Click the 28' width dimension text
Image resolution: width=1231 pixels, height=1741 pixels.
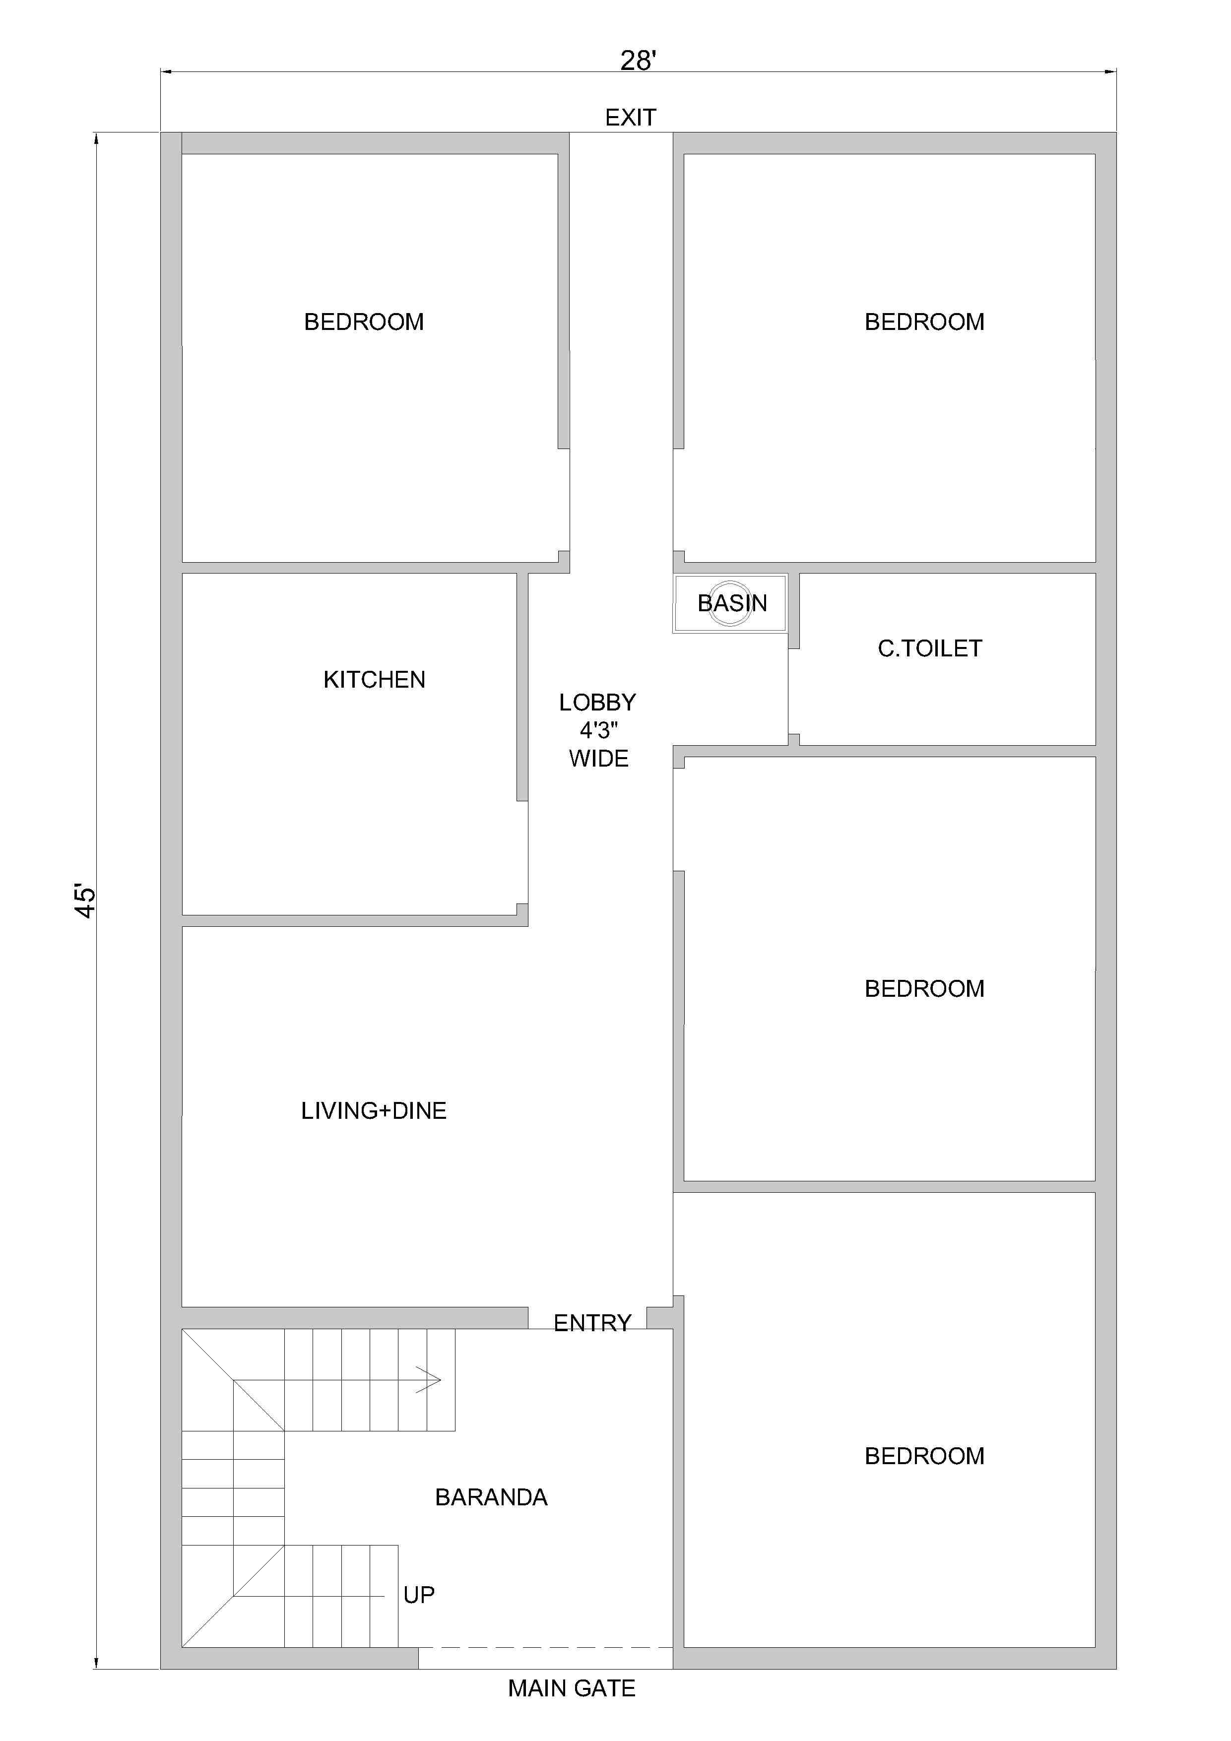tap(638, 60)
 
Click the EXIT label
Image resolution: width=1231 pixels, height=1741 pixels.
tap(630, 118)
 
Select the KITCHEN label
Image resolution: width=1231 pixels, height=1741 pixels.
tap(374, 679)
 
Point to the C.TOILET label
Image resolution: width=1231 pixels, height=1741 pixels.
tap(930, 648)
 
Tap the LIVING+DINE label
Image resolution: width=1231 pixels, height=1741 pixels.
tap(374, 1111)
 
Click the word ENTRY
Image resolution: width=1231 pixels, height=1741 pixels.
tap(592, 1323)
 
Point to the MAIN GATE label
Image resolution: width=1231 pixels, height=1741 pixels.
tap(572, 1688)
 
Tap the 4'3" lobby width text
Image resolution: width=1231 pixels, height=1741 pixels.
tap(598, 730)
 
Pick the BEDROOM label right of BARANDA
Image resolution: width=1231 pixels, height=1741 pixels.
tap(924, 1456)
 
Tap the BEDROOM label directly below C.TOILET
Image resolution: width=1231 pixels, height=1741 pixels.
tap(924, 989)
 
